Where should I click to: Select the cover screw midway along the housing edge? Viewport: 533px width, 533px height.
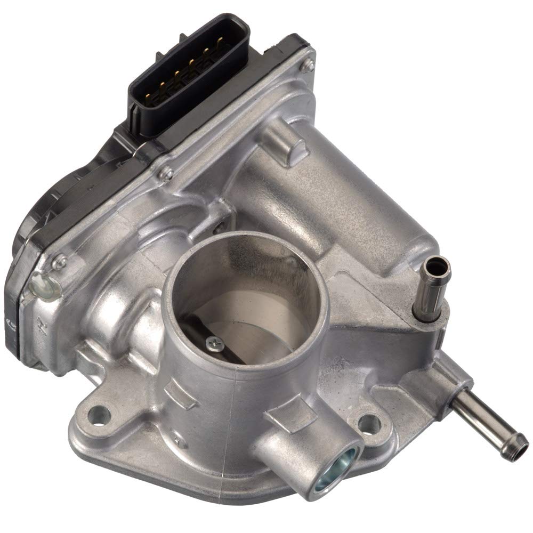coord(167,173)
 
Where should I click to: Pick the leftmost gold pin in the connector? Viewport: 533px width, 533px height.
coord(148,96)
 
